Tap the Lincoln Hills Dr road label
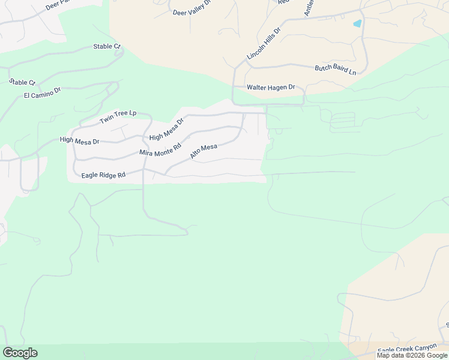(x=264, y=43)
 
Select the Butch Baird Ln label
(x=336, y=70)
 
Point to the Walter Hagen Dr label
(x=271, y=88)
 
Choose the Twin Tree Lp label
(x=118, y=117)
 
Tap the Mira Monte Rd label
(x=160, y=149)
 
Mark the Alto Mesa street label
(x=203, y=151)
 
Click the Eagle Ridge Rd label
(x=103, y=175)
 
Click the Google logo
(x=20, y=353)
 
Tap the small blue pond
(x=358, y=24)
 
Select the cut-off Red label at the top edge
(x=284, y=2)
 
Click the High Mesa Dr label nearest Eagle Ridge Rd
(x=79, y=140)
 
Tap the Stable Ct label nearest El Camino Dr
(x=23, y=82)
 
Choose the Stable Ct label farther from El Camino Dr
(x=107, y=46)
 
